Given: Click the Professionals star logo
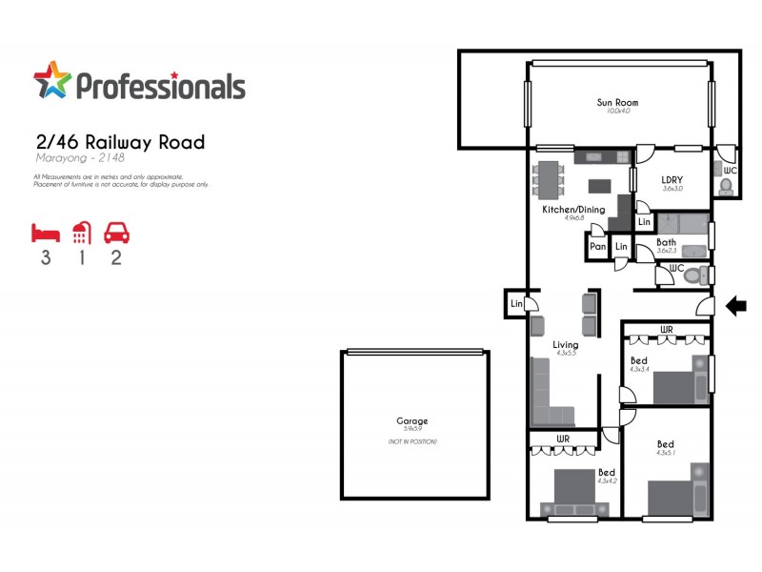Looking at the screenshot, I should point(51,80).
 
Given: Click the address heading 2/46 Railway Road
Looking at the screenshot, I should point(119,143).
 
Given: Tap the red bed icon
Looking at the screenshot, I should point(45,233).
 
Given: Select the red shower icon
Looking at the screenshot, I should point(81,233).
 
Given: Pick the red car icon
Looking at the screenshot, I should point(116,233).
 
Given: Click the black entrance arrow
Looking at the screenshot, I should point(736,306).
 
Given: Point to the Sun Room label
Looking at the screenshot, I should point(617,102).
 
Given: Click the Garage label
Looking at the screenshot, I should point(412,420).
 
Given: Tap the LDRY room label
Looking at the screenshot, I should point(673,179).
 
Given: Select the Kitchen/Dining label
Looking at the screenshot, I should point(573,209).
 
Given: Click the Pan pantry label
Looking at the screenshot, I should point(597,247).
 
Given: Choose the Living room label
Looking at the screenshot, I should point(566,344).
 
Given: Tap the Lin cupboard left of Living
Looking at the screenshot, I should point(516,303).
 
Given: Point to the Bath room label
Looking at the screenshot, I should point(667,242).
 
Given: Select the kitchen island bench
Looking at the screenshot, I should point(600,185).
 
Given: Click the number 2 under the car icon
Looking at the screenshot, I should point(116,258).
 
